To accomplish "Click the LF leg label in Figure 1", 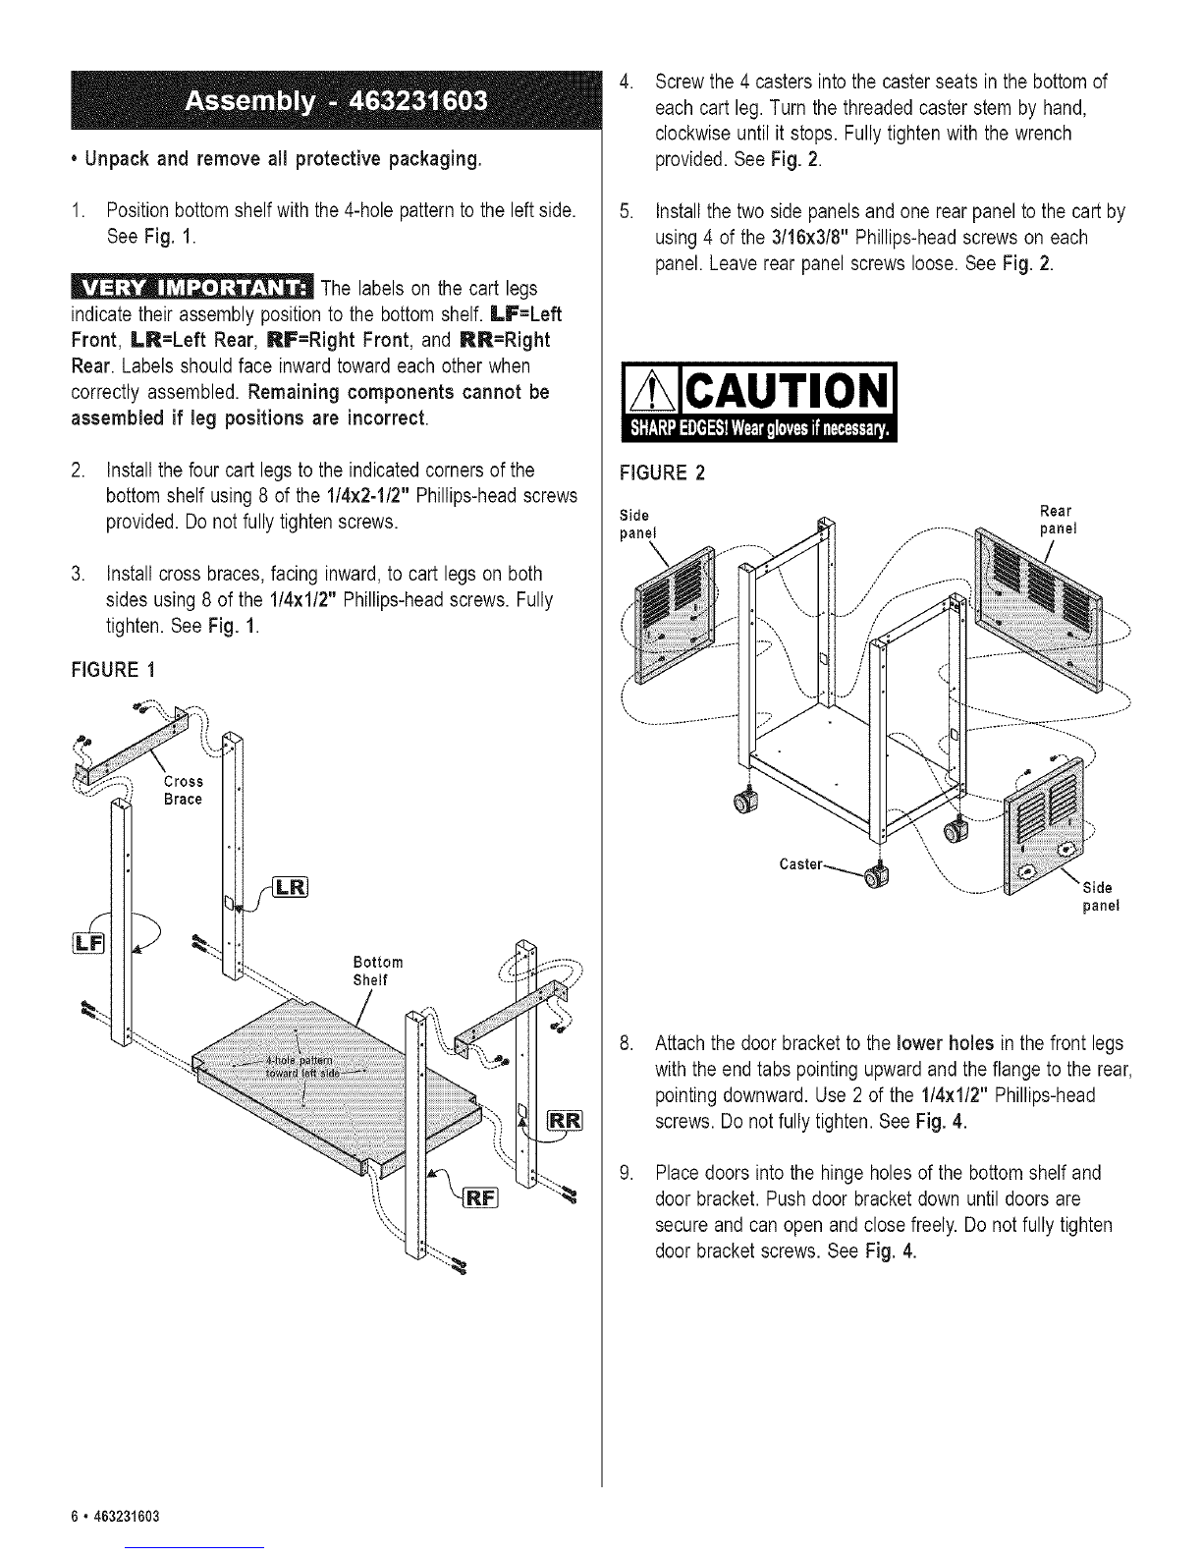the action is tap(88, 943).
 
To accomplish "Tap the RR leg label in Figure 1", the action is tap(565, 1120).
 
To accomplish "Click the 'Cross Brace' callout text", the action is tap(184, 791).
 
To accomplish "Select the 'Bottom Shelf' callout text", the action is tap(378, 971).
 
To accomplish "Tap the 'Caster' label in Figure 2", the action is tap(801, 864).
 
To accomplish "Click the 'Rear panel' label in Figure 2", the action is tap(1058, 520).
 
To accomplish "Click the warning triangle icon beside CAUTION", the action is tap(651, 392).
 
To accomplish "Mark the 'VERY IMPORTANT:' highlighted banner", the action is tap(191, 288).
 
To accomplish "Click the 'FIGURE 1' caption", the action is tap(113, 670).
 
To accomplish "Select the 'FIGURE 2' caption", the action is tap(662, 472).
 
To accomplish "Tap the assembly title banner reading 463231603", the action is tap(336, 100).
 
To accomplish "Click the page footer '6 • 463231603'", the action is tap(115, 1517).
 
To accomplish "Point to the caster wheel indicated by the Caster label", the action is tap(875, 876).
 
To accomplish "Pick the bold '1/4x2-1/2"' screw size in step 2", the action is tap(367, 495).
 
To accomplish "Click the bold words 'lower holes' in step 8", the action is tap(945, 1043).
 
